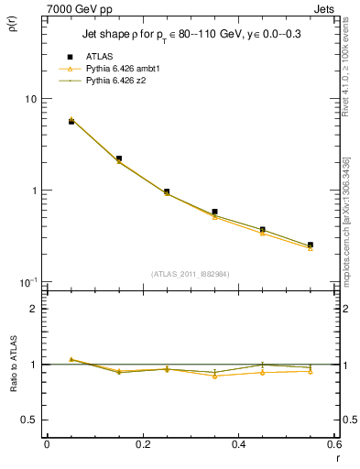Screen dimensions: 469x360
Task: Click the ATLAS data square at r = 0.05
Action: point(71,121)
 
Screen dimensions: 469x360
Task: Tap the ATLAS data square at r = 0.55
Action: point(311,245)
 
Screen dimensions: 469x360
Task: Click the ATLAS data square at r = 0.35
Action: point(214,212)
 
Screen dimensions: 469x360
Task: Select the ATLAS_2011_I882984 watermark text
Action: point(190,274)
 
